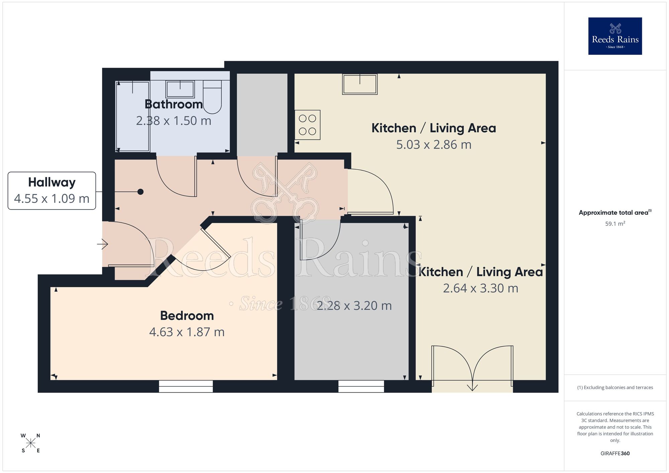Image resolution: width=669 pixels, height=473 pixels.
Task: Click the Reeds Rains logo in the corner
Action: click(615, 36)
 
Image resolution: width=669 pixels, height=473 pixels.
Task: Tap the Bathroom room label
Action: click(174, 104)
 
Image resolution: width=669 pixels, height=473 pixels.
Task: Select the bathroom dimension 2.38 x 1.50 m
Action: click(174, 121)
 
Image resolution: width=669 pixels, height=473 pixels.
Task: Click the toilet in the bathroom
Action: click(212, 97)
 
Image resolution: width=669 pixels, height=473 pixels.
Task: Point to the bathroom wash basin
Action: click(180, 89)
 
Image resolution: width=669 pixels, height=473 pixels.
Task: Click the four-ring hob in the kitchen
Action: click(307, 125)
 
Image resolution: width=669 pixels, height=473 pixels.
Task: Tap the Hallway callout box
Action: click(52, 191)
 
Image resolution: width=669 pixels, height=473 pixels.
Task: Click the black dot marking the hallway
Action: click(141, 192)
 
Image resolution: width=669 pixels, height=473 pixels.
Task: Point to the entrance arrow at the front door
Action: click(103, 245)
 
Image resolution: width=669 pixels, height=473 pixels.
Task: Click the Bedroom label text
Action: click(187, 316)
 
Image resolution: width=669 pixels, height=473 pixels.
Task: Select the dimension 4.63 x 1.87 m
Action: click(187, 332)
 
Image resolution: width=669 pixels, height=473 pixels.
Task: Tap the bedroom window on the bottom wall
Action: click(186, 386)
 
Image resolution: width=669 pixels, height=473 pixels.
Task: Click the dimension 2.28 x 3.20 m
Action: click(354, 306)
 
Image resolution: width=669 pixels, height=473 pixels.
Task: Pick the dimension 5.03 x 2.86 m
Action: click(434, 145)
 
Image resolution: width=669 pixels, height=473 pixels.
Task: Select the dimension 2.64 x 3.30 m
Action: click(481, 288)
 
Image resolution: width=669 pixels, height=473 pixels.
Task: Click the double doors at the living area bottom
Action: click(472, 368)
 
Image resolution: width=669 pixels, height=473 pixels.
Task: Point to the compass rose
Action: click(30, 443)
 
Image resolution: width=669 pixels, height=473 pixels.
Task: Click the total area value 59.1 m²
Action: click(615, 224)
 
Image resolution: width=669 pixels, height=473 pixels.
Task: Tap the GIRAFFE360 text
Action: click(615, 454)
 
